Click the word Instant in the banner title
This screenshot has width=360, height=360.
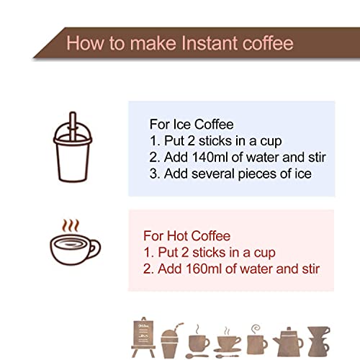(x=210, y=43)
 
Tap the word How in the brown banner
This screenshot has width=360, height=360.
(x=85, y=43)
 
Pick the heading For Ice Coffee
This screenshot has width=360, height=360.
(x=192, y=125)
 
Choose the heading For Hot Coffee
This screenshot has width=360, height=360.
(x=186, y=236)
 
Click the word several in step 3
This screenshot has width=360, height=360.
(x=213, y=174)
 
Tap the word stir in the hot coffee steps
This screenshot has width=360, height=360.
(x=311, y=269)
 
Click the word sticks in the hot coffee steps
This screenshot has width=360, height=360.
(x=209, y=253)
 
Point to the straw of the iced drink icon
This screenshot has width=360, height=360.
(x=73, y=126)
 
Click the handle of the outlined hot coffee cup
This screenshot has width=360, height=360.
(x=95, y=249)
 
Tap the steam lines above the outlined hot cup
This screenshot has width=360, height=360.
(x=71, y=225)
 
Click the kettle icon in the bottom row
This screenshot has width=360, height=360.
(x=288, y=341)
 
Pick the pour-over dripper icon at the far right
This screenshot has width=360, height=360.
(x=318, y=341)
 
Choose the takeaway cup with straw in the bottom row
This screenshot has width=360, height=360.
(x=170, y=341)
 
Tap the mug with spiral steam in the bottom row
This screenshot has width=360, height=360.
(x=257, y=341)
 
